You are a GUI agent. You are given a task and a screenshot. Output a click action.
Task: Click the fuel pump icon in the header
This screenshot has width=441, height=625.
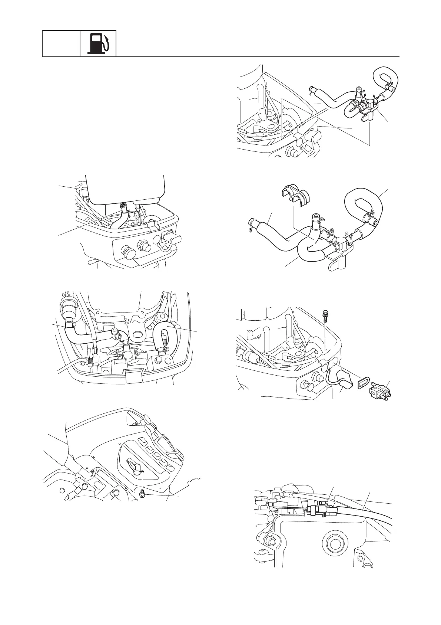(98, 44)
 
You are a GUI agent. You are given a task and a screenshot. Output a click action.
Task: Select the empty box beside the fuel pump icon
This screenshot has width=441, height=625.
(61, 44)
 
